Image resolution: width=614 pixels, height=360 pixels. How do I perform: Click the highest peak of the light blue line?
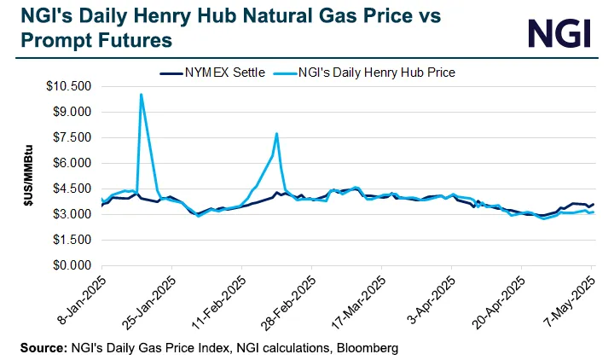click(141, 95)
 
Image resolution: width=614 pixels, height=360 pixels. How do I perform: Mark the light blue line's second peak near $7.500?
click(276, 134)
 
